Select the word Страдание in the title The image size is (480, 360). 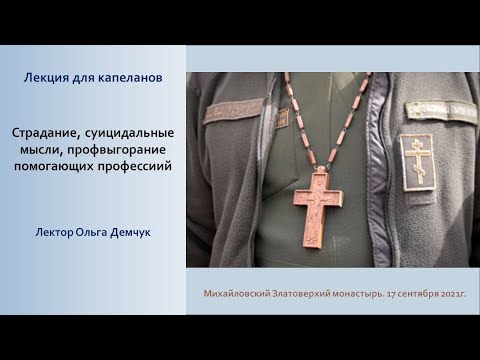tap(46, 132)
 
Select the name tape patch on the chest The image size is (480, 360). tap(233, 110)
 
